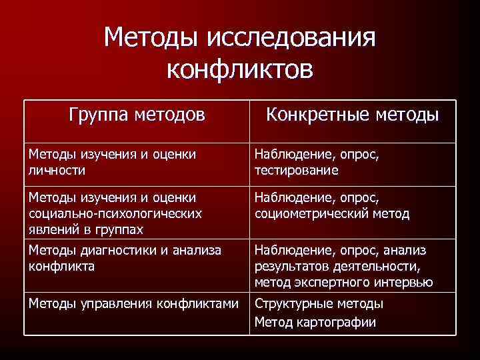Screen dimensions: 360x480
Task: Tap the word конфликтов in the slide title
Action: [240, 69]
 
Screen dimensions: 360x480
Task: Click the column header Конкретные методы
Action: [352, 115]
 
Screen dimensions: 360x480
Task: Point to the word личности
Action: [57, 170]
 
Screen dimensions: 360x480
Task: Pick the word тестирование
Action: [296, 170]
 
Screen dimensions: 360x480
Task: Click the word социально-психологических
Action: [115, 214]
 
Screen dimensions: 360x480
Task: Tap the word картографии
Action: [337, 323]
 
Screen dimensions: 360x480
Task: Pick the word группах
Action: [119, 230]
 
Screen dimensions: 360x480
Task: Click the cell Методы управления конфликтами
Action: [133, 303]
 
